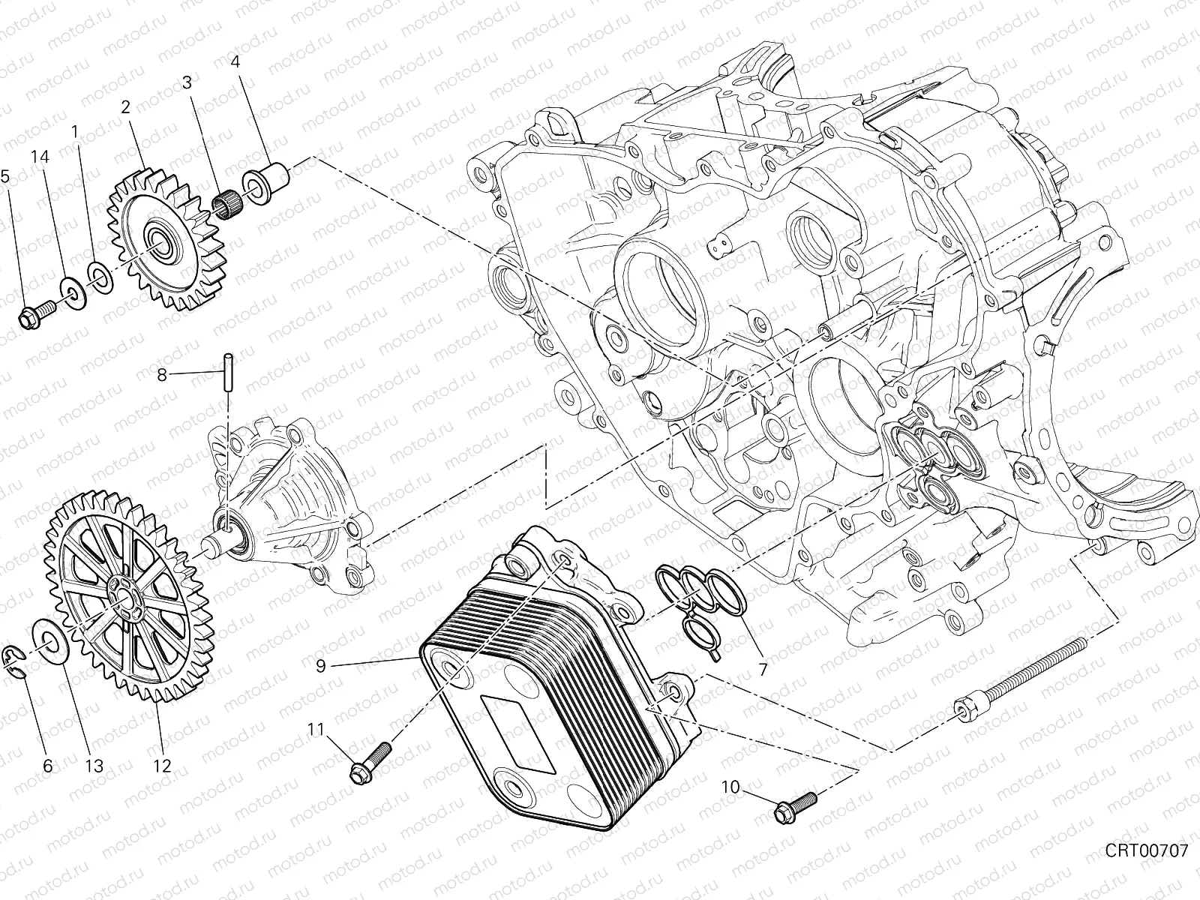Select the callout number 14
pyautogui.click(x=40, y=157)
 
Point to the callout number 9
pyautogui.click(x=320, y=665)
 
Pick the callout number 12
pyautogui.click(x=162, y=766)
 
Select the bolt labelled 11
pyautogui.click(x=367, y=763)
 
